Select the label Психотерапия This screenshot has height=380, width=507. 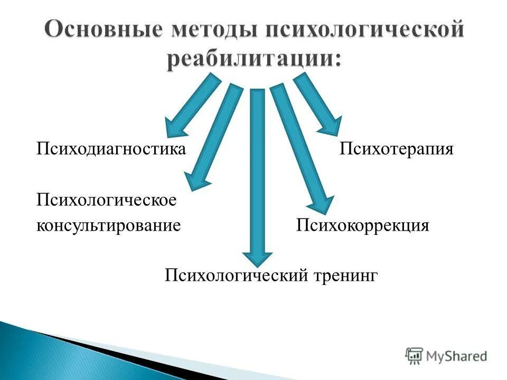pos(396,149)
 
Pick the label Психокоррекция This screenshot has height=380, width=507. pos(362,225)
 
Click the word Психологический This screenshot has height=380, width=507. pos(235,275)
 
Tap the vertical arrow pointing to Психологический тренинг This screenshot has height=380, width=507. pos(257,174)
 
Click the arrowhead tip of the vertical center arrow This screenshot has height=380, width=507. pos(257,264)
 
